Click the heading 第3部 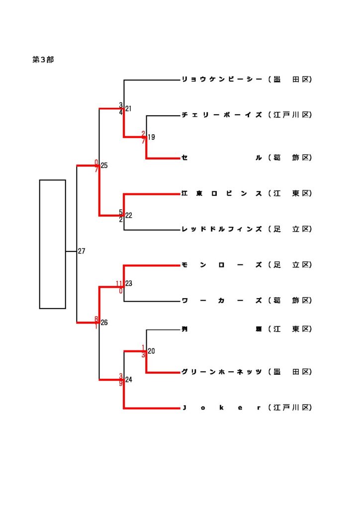[x=43, y=60]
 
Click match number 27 [x=82, y=252]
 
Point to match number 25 [x=104, y=166]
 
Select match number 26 [x=104, y=323]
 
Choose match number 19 [x=151, y=137]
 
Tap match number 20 [x=151, y=351]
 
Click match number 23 [x=128, y=284]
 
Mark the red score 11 [x=119, y=284]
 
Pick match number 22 [x=128, y=215]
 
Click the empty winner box [x=53, y=244]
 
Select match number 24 [x=128, y=380]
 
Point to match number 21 [x=128, y=108]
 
